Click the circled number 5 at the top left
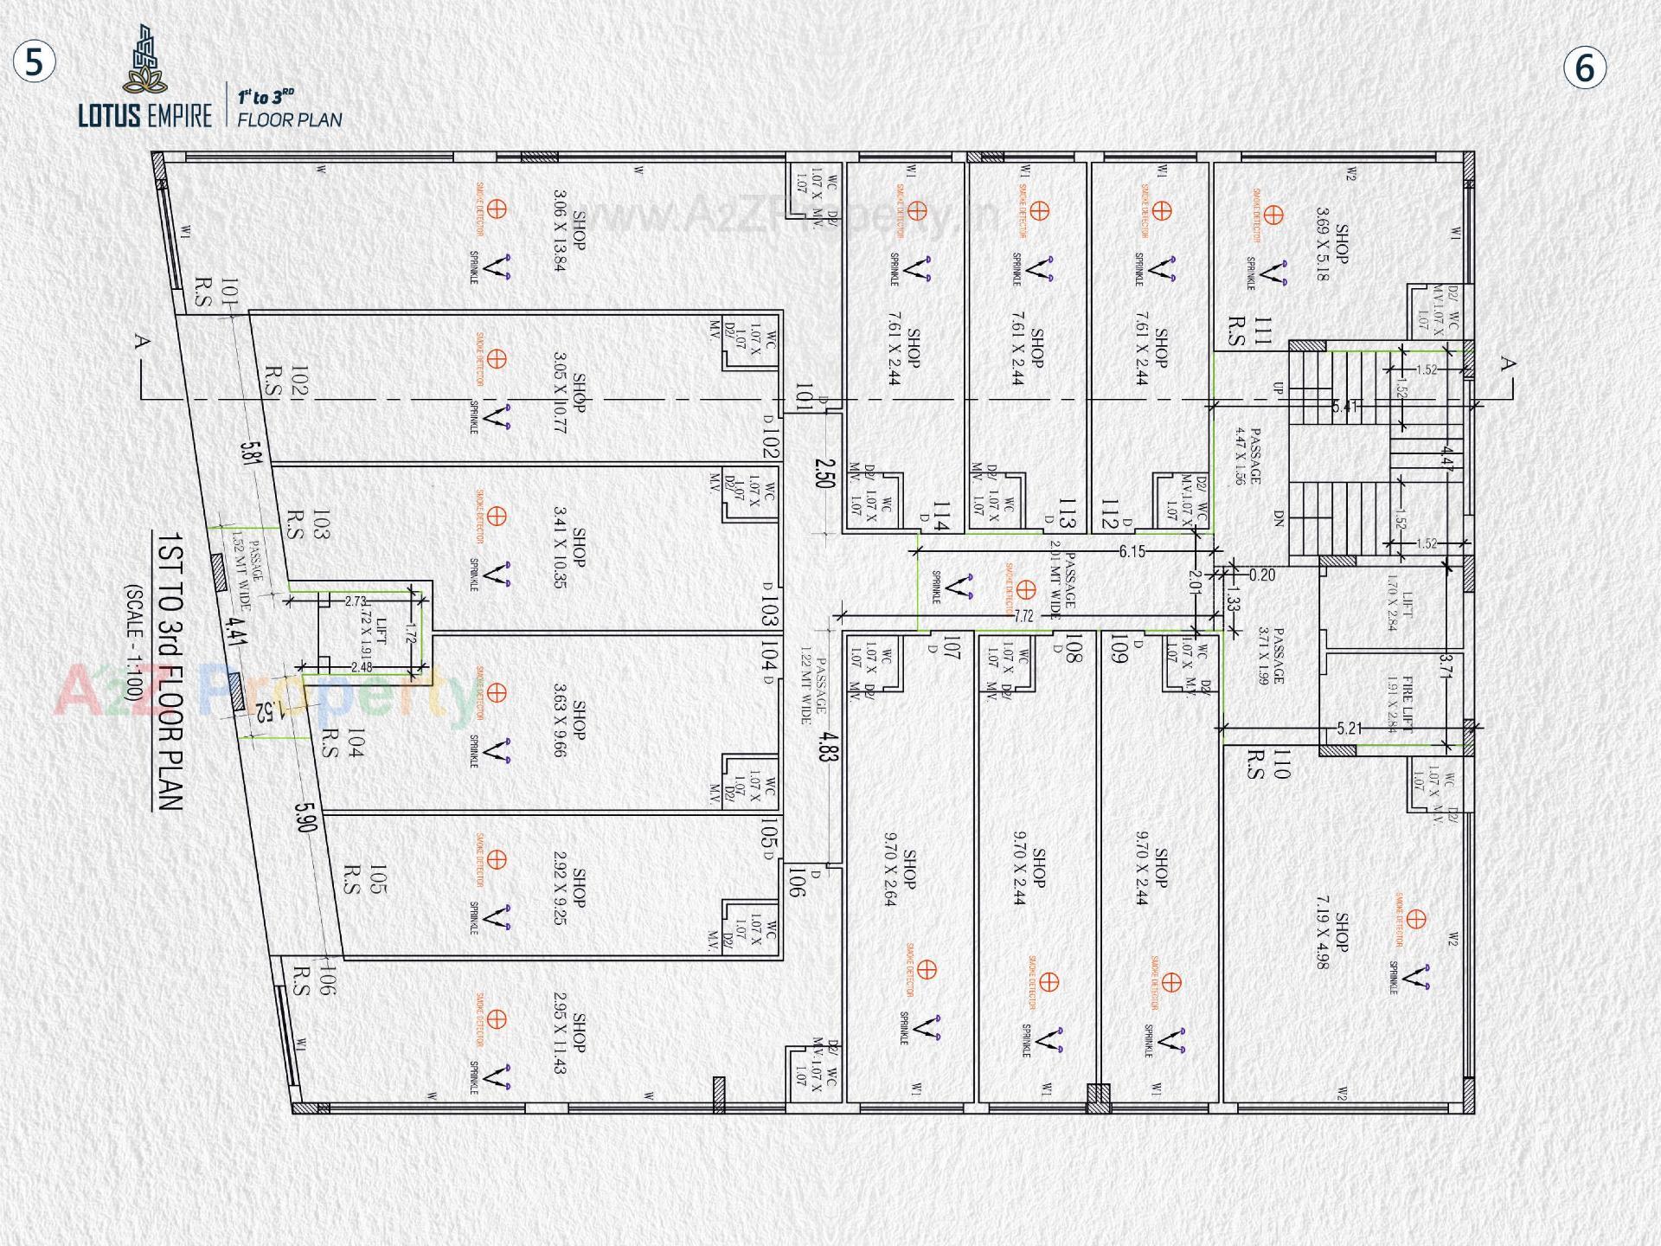coord(34,64)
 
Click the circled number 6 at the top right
coord(1585,68)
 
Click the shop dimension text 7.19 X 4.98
coord(1331,936)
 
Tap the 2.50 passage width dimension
coord(824,472)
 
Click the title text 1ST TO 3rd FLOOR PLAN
coord(170,671)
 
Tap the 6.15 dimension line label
coord(1132,551)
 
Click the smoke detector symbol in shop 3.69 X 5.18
coord(1273,214)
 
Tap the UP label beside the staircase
coord(1278,390)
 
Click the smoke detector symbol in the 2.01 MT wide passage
coord(1025,590)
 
